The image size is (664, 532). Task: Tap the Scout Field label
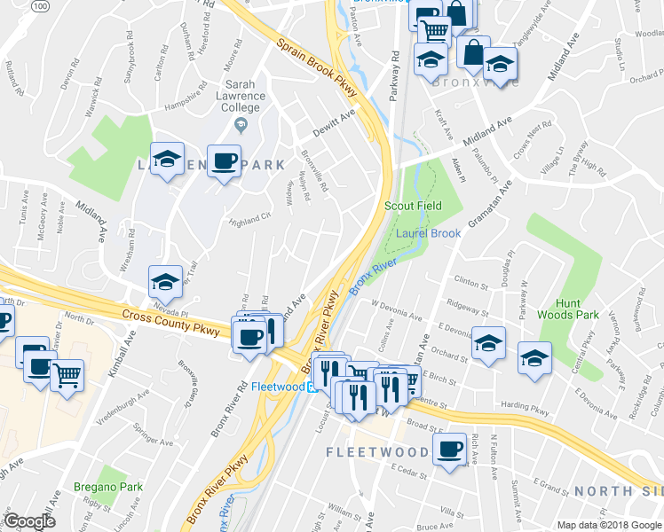coord(413,206)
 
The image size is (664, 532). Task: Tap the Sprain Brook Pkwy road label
coord(315,63)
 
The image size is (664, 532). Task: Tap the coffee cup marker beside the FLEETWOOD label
coord(450,448)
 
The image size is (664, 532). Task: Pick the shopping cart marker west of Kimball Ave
coord(67,375)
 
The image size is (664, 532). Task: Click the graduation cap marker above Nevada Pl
coord(165,281)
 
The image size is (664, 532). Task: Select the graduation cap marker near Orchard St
coord(488,343)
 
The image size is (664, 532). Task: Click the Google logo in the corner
coord(30,521)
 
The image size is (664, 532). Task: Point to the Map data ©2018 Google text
coord(608,525)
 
